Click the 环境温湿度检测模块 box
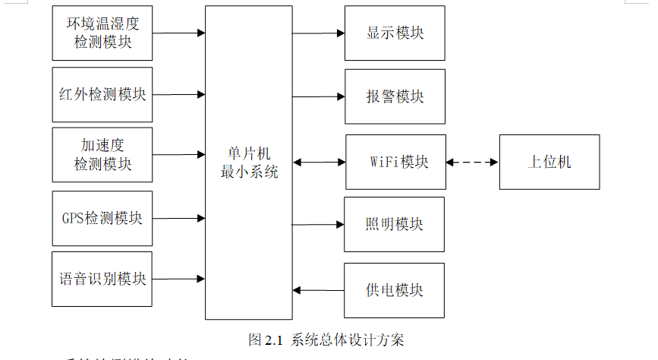coord(102,33)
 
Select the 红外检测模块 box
coord(102,95)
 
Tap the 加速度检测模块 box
coord(102,154)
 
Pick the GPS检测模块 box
coord(102,218)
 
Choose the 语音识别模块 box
coord(102,279)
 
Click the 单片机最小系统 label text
coord(249,163)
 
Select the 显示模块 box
coord(395,33)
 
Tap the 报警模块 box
coord(395,96)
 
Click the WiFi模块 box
coord(395,162)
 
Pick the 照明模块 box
coord(394,224)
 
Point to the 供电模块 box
coord(394,290)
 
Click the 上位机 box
coord(549,162)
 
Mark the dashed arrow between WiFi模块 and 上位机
coord(472,162)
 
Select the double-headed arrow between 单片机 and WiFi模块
coord(319,162)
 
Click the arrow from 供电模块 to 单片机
coord(318,290)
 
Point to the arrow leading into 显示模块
coord(318,33)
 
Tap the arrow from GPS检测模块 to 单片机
coord(178,218)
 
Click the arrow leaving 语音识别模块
coord(178,279)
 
